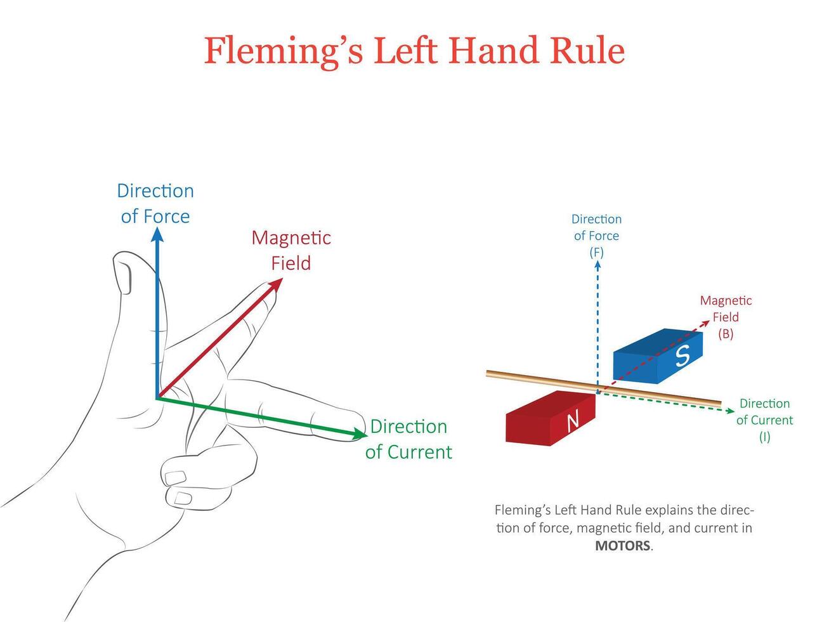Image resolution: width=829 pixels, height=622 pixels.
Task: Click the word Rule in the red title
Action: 587,51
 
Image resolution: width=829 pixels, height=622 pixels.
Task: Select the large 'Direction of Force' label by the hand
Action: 155,203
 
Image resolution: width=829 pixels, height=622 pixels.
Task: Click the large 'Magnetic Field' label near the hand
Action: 291,250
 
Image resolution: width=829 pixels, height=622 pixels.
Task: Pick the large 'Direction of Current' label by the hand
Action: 408,439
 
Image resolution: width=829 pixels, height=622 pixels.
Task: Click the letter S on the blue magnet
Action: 682,356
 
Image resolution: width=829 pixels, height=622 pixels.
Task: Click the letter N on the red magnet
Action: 573,421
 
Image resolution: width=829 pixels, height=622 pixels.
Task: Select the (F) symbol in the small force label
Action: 596,252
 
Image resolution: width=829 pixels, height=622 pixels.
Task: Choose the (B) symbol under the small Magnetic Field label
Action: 726,334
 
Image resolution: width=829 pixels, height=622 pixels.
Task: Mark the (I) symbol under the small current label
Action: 764,437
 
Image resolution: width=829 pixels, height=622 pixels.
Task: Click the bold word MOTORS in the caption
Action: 622,546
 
